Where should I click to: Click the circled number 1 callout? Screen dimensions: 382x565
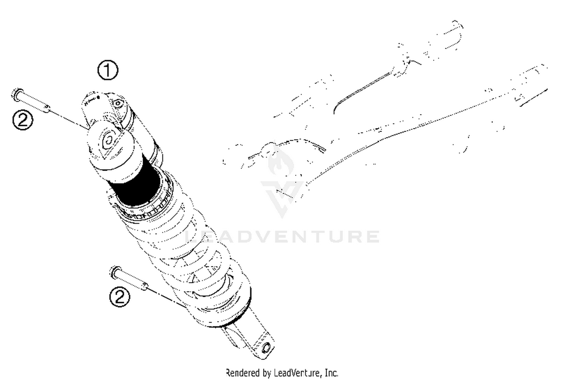click(x=108, y=70)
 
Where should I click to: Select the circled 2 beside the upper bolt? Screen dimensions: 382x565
click(x=23, y=120)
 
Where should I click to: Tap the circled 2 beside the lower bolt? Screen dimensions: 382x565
click(x=119, y=297)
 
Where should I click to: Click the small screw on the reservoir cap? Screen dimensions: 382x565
click(x=118, y=103)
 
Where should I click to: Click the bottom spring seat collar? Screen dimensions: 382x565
click(x=222, y=315)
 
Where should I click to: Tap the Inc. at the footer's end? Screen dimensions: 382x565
click(x=331, y=373)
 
